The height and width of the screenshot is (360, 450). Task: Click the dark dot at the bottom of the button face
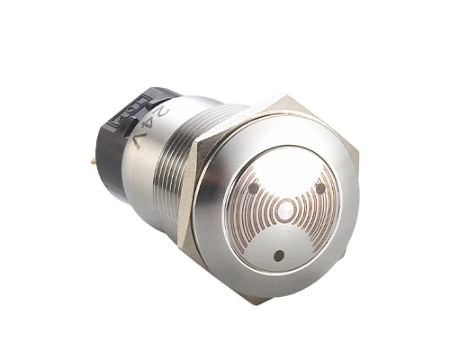[279, 256]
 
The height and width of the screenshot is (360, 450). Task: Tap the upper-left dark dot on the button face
[255, 188]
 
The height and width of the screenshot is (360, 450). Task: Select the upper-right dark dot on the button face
[320, 188]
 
